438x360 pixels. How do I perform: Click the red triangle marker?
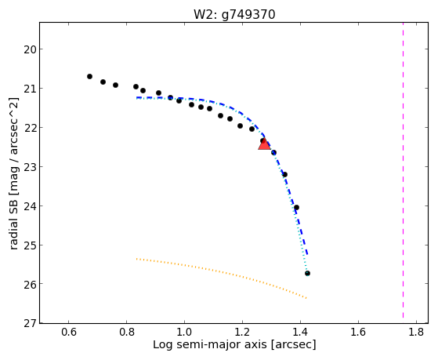coord(264,144)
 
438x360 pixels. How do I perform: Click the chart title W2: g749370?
coord(234,15)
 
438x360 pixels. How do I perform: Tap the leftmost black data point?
coord(89,76)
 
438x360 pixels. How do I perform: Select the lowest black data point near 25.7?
coord(307,273)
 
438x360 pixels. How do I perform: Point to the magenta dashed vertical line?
coord(403,170)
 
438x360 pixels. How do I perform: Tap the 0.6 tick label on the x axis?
coord(69,332)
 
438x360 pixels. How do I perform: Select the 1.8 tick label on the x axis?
coord(416,332)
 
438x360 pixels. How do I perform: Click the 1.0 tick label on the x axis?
coord(184,332)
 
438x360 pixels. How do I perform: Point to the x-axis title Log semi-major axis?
coord(209,345)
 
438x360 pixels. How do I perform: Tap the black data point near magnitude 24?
coord(297,208)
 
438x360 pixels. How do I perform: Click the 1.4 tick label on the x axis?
coord(300,332)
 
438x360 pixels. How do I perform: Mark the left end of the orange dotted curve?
coord(136,259)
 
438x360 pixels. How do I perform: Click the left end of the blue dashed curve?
coord(136,97)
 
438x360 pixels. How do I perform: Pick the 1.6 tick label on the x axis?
coord(358,332)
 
